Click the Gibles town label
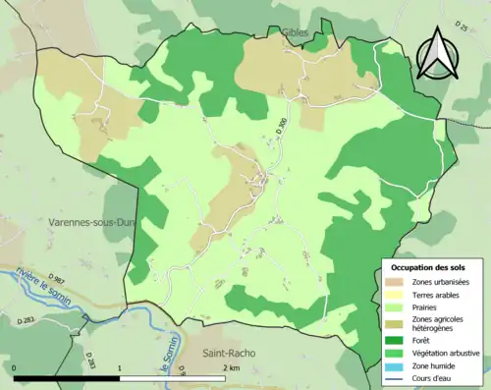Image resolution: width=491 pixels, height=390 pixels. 294,32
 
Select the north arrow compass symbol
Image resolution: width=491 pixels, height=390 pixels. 437,53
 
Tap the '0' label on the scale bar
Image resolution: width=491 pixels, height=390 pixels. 16,367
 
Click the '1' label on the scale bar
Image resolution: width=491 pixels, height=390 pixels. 120,367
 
